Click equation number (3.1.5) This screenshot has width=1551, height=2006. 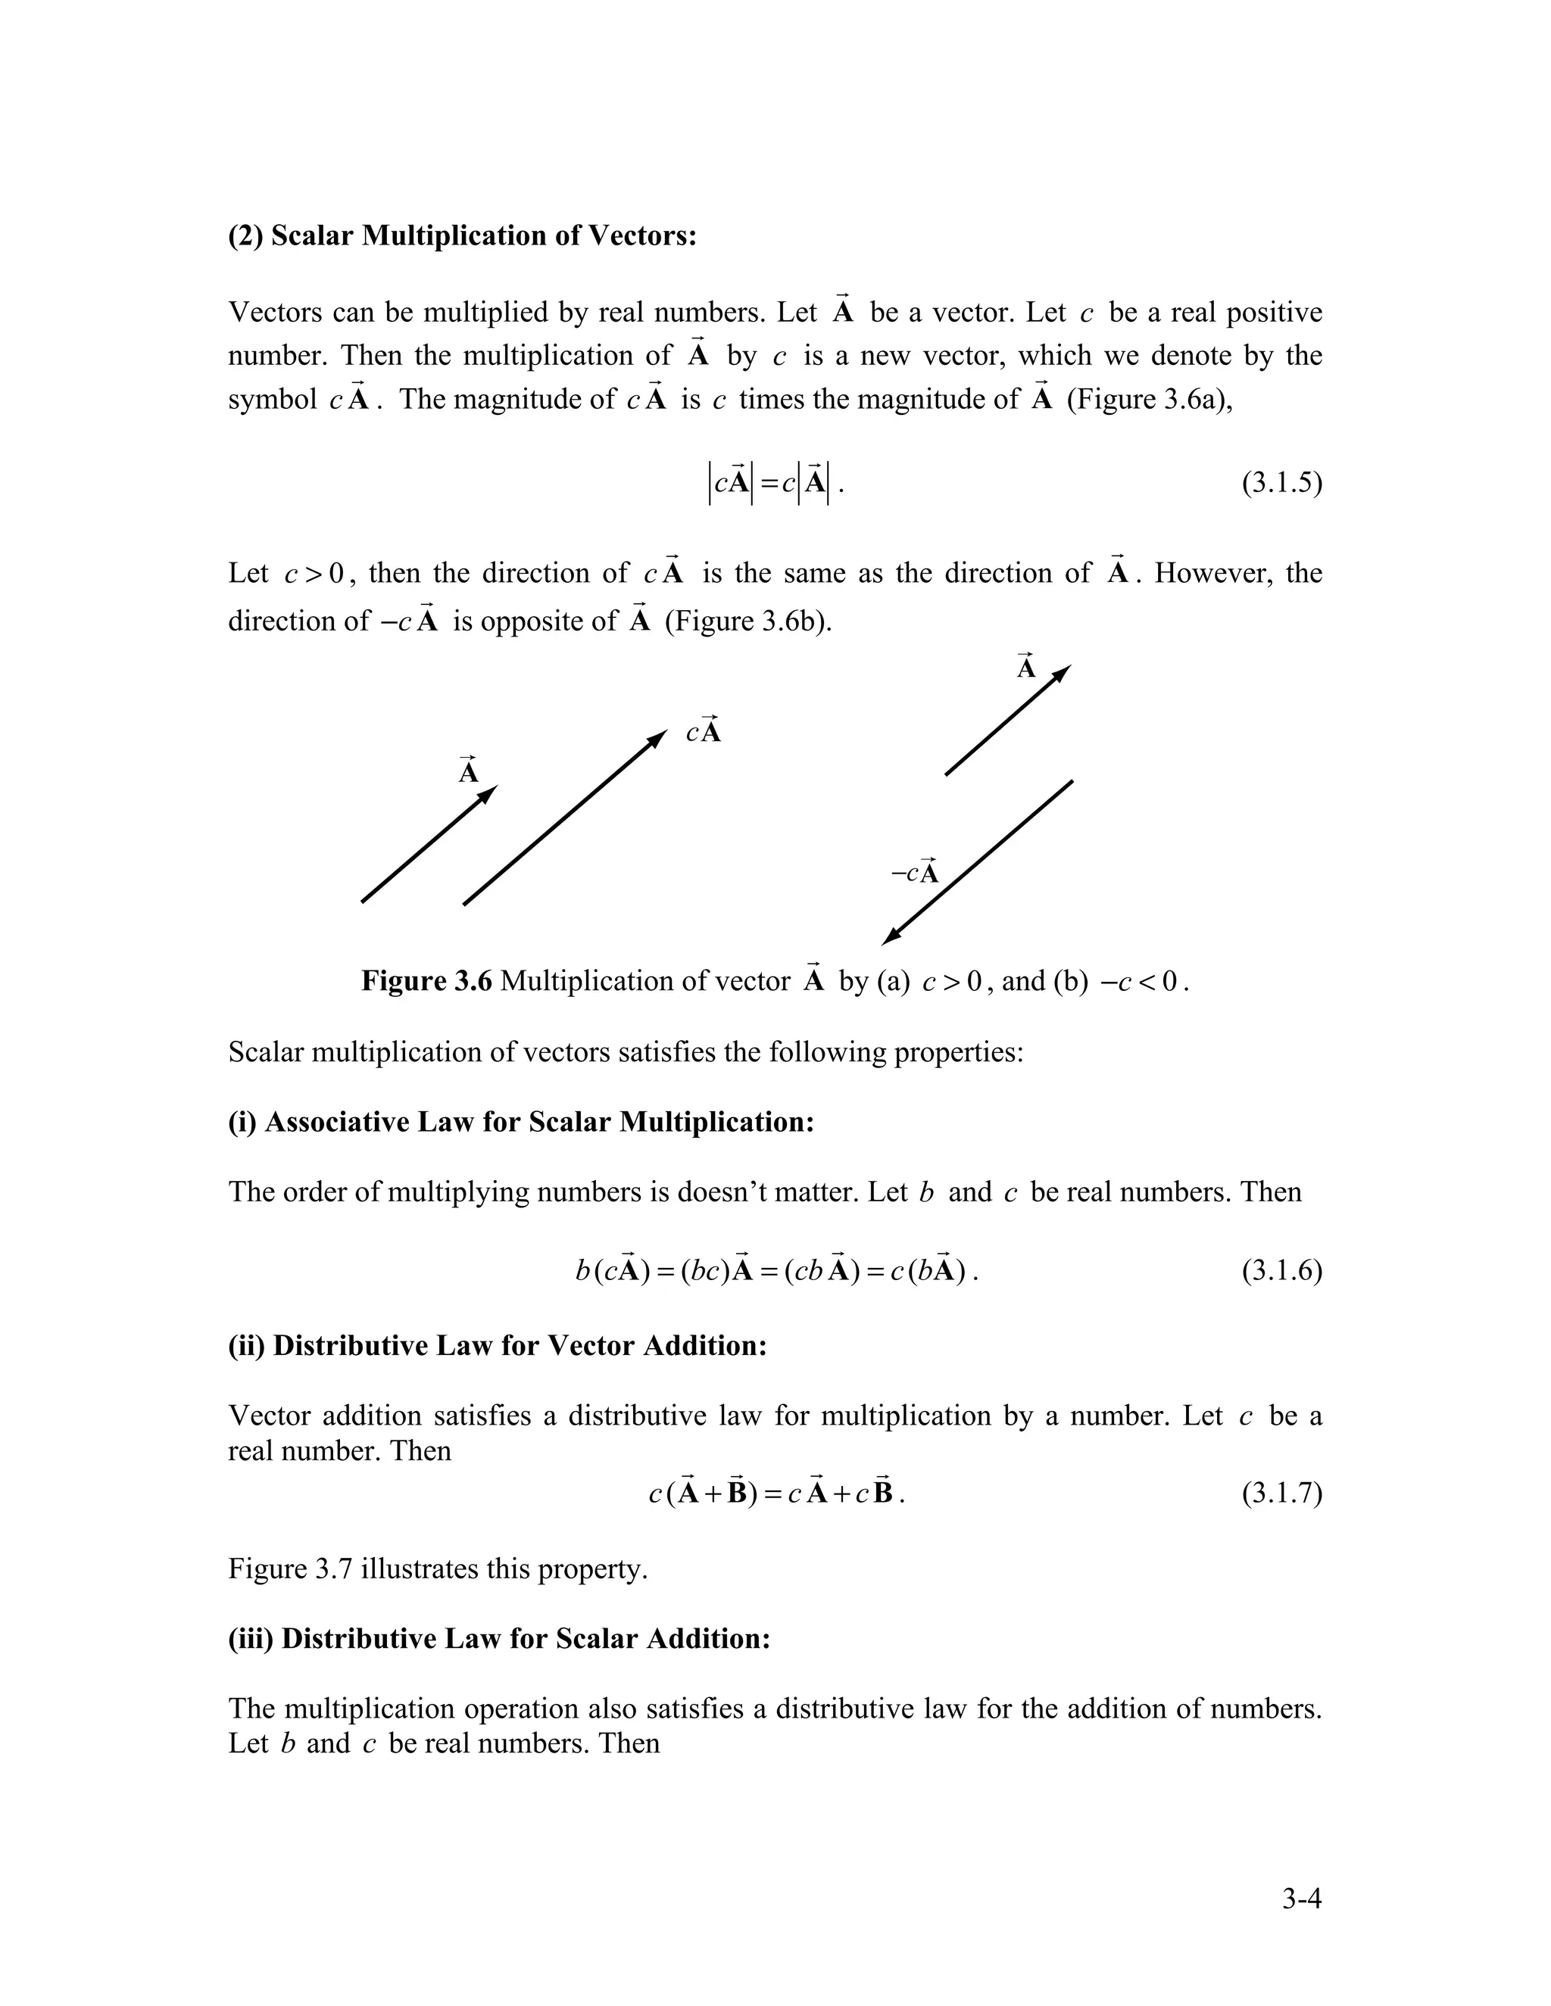1282,483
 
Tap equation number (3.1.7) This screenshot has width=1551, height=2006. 1282,1494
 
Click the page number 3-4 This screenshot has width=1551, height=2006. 1302,1899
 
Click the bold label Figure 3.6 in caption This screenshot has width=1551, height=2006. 426,981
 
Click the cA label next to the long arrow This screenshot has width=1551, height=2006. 704,731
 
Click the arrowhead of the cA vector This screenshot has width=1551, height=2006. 659,737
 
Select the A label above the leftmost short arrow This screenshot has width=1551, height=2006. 469,771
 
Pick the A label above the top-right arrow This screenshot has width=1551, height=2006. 1026,667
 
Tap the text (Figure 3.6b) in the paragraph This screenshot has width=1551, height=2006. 748,621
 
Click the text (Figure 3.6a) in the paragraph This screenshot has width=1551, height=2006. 1150,400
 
